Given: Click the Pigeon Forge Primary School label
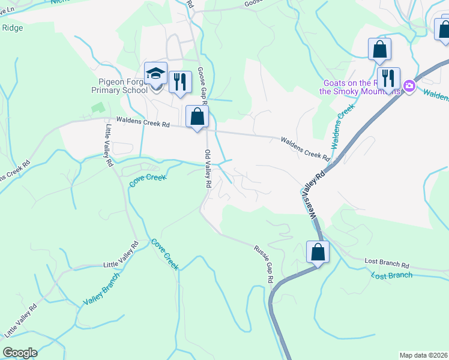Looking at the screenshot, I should click(119, 86).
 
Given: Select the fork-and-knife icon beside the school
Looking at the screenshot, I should click(180, 81).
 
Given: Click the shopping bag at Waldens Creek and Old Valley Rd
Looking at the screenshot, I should click(197, 118).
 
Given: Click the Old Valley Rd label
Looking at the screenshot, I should click(208, 170).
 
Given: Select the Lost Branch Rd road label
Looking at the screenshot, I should click(387, 265).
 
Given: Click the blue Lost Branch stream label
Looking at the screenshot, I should click(391, 275).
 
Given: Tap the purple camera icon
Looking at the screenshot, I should click(409, 86).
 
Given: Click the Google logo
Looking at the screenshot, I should click(20, 353).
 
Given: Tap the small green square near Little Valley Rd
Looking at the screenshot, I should click(97, 109).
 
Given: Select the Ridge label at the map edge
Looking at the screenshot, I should click(13, 27).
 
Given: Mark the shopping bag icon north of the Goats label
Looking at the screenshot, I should click(379, 50).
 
